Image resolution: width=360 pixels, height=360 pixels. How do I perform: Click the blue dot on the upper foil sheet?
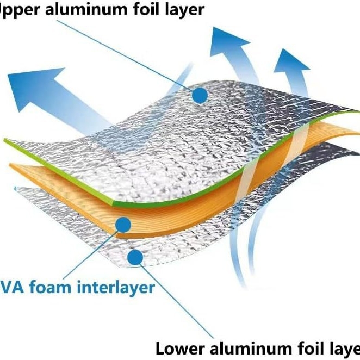[200, 95]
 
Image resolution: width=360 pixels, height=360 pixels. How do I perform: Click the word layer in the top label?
[187, 10]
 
